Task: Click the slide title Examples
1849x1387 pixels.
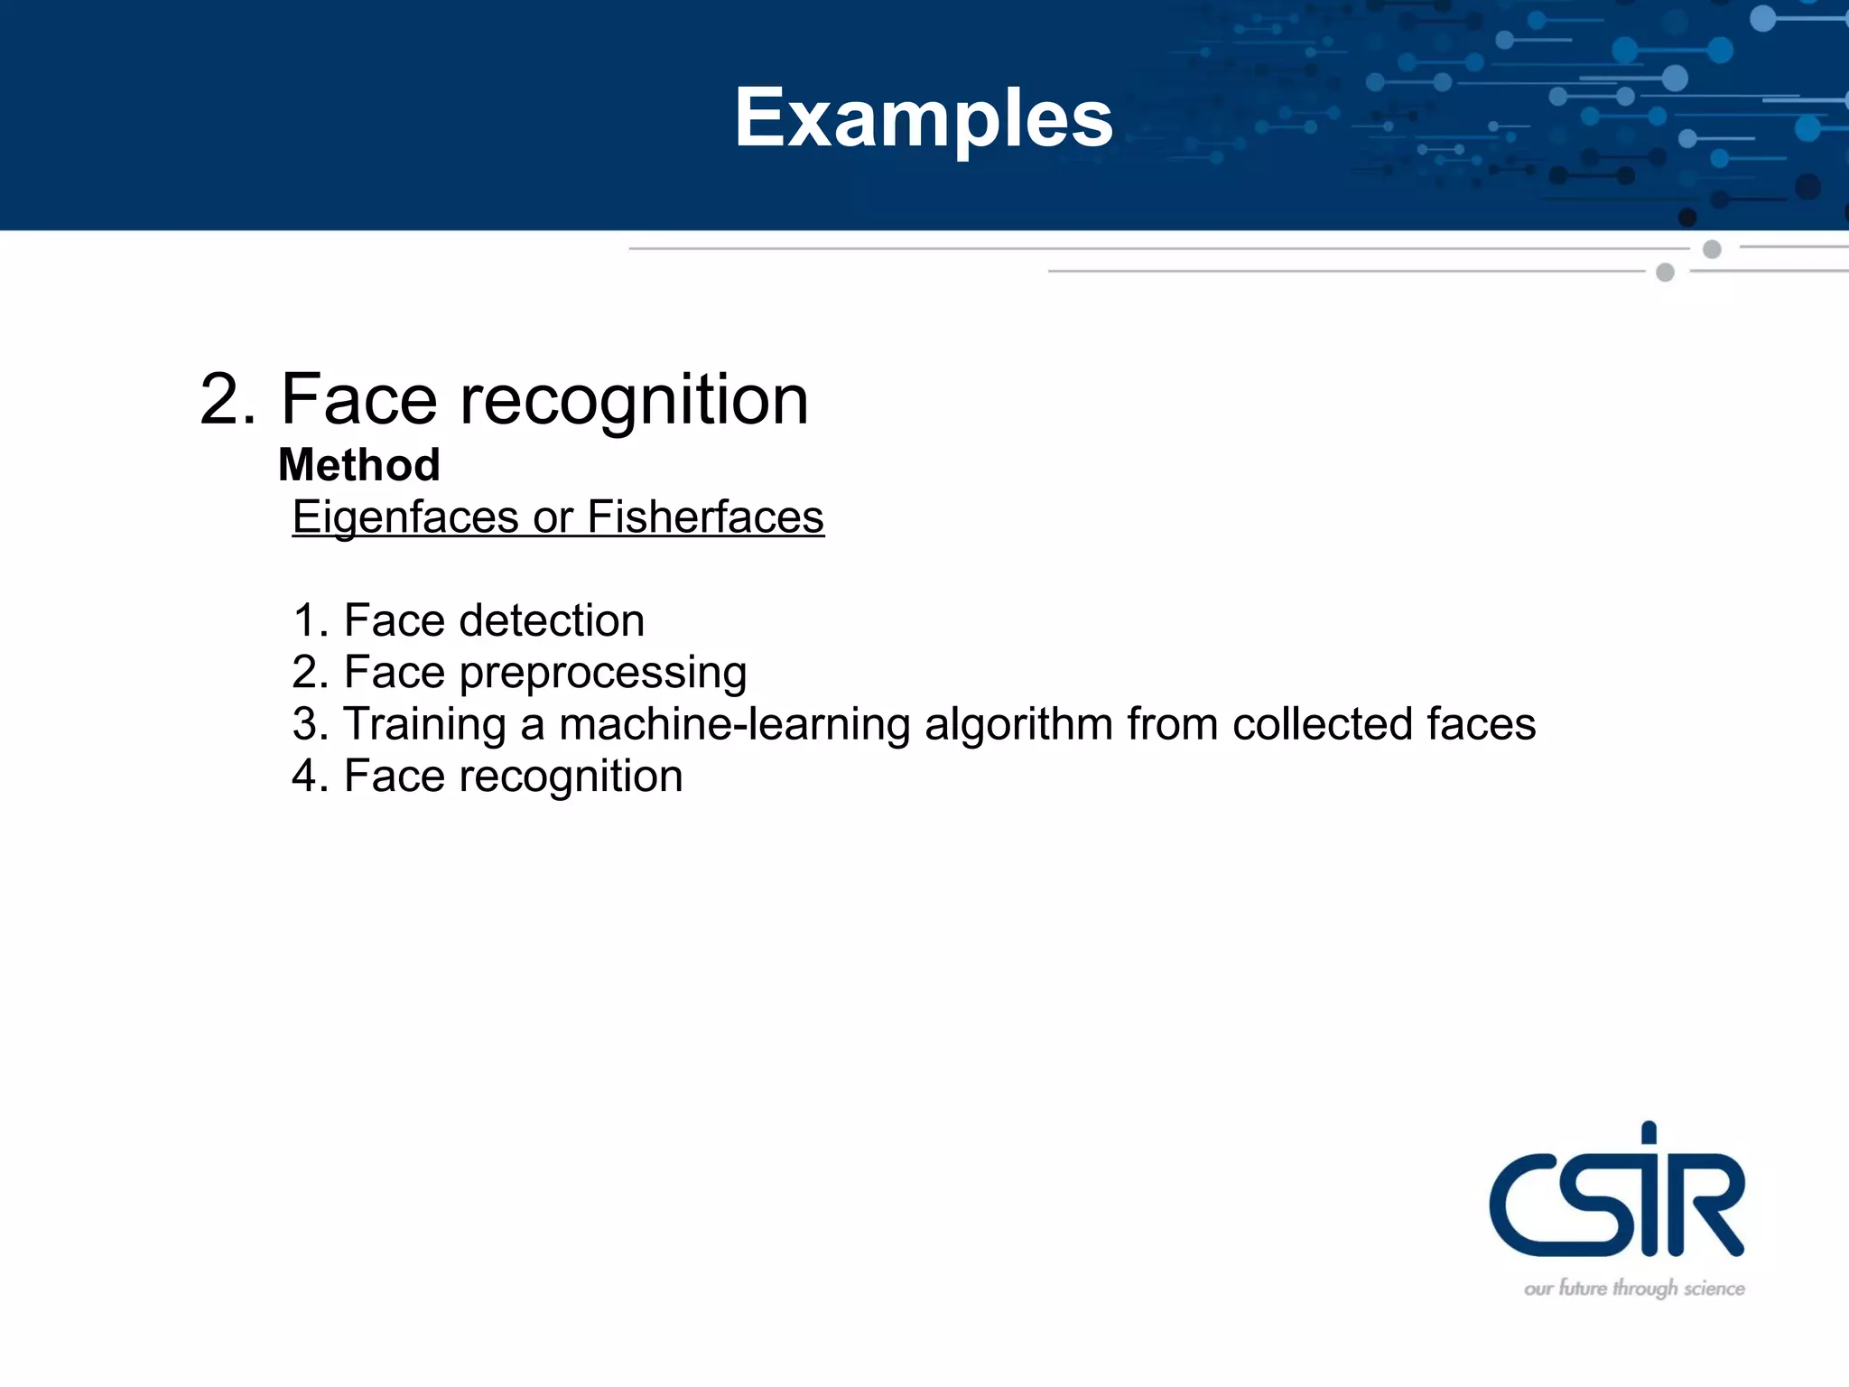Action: coord(924,117)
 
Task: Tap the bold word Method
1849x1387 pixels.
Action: coord(359,465)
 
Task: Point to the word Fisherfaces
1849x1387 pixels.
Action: coord(705,517)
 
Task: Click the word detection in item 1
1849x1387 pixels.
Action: coord(552,621)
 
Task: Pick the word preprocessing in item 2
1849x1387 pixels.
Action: coord(602,674)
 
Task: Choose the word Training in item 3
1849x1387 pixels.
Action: coord(424,725)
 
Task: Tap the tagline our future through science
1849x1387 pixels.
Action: coord(1634,1289)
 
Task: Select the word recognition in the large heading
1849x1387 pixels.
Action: coord(634,400)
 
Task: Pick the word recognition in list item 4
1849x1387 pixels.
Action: coord(571,777)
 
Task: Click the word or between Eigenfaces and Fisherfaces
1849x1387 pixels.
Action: coord(553,518)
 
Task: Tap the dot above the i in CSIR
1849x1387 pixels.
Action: coord(1649,1132)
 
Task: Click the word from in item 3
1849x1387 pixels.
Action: coord(1172,724)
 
